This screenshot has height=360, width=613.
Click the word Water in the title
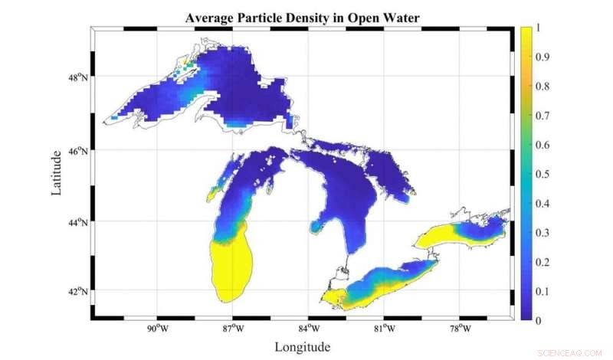tap(401, 16)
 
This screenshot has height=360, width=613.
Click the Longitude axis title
tap(303, 347)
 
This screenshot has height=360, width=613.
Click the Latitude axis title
tap(57, 172)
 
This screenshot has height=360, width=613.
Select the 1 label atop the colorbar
tap(542, 28)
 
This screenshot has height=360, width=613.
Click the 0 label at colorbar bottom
tap(542, 319)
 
